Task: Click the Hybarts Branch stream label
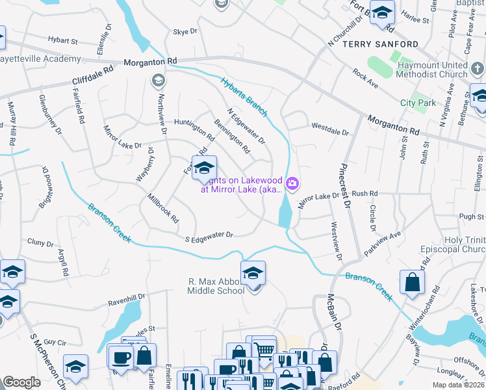pos(244,97)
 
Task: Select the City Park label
pos(418,103)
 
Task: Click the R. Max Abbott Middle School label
pos(216,286)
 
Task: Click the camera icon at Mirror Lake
pos(292,185)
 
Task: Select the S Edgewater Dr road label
pos(209,236)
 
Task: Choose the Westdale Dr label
pos(330,128)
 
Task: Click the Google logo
pos(21,382)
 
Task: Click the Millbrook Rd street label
pos(162,208)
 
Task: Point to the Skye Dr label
pos(185,31)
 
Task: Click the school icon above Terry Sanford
pos(382,13)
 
